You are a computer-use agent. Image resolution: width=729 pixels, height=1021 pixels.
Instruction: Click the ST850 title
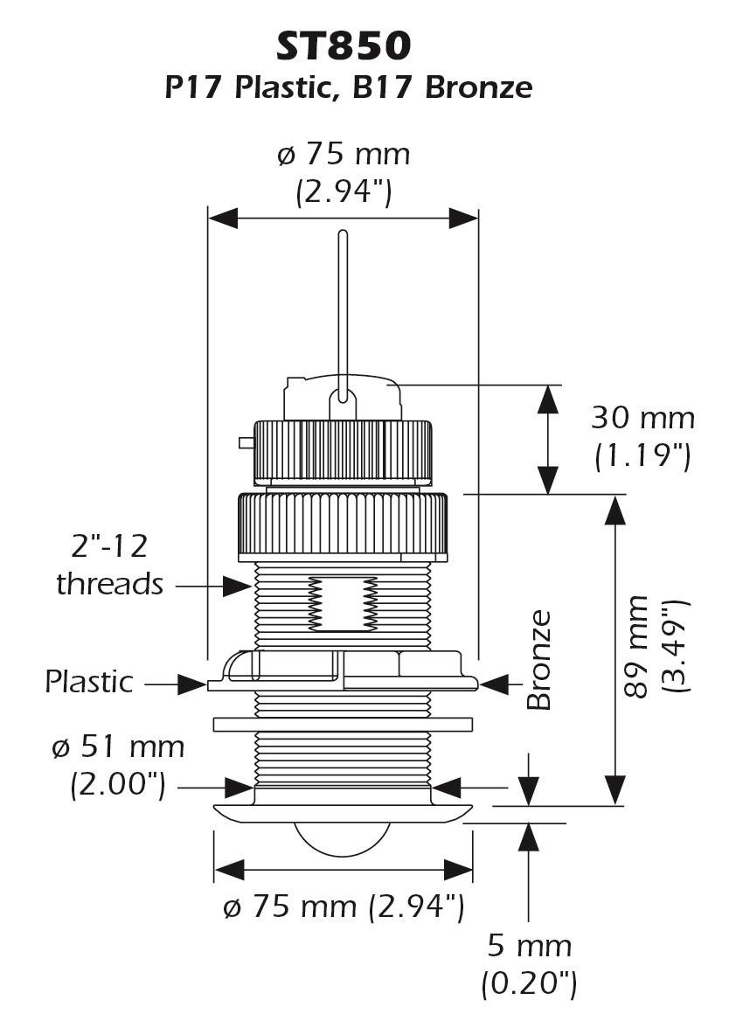pos(344,46)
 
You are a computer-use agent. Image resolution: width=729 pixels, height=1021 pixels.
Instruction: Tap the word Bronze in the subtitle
pos(478,87)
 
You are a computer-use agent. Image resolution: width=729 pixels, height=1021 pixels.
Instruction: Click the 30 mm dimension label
pos(642,417)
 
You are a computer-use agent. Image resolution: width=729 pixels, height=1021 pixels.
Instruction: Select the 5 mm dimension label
pos(530,946)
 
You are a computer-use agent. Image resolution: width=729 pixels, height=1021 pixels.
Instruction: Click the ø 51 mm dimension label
pos(118,747)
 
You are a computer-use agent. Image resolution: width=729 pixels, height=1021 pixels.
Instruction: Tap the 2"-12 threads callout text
pos(109,566)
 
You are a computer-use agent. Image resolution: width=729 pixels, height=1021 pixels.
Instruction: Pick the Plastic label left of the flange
pos(89,682)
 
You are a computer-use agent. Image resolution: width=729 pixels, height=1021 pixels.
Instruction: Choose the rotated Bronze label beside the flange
pos(539,660)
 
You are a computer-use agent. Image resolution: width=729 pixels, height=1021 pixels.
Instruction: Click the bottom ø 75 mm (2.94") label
pos(344,906)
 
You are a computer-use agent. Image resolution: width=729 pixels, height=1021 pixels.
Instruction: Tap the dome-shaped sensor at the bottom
pos(343,836)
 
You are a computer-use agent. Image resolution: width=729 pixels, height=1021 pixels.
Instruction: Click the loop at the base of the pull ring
pos(343,401)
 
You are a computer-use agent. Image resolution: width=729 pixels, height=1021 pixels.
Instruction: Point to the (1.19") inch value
pos(642,455)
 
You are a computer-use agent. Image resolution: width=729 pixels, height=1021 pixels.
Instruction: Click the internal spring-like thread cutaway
pos(343,604)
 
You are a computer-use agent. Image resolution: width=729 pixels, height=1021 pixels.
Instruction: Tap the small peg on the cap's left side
pos(246,443)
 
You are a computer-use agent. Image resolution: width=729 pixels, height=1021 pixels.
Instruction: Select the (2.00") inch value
pos(118,784)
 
